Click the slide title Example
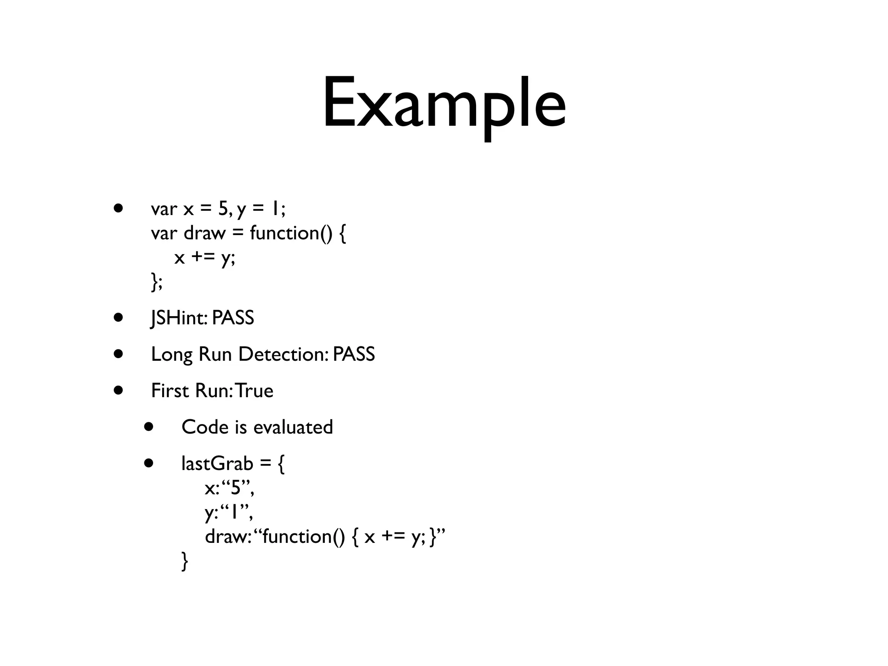444,104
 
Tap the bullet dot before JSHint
118,317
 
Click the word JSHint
178,318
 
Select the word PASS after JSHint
233,318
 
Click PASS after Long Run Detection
354,354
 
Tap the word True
255,391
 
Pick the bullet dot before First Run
118,390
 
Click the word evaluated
293,427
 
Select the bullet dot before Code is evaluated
149,427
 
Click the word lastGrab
217,464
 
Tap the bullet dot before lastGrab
149,463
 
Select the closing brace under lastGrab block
185,561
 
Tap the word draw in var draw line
205,233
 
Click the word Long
171,355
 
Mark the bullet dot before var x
118,208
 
